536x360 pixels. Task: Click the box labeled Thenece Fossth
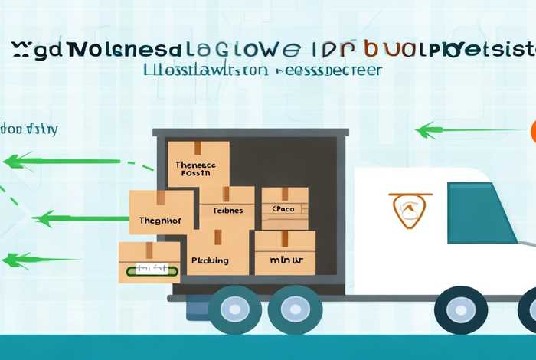(198, 163)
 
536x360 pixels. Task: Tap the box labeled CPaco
(284, 208)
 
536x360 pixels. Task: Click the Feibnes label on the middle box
(227, 210)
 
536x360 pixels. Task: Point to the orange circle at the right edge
(531, 131)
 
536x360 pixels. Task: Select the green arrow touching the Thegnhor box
(77, 219)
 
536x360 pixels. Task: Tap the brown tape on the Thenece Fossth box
(198, 148)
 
